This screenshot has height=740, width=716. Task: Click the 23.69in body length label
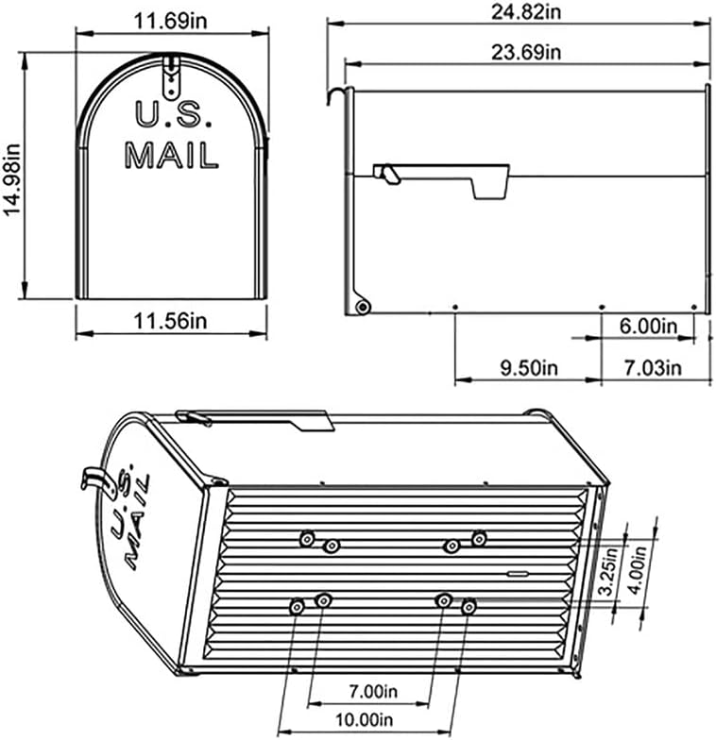tap(526, 52)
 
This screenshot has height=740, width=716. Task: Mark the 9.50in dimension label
tap(527, 368)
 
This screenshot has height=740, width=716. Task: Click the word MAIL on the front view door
tap(171, 155)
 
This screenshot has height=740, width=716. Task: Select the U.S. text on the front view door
tap(170, 115)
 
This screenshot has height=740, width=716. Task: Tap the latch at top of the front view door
tap(171, 76)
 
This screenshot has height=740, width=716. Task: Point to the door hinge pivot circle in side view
tap(362, 306)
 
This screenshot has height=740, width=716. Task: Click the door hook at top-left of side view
tap(333, 92)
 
